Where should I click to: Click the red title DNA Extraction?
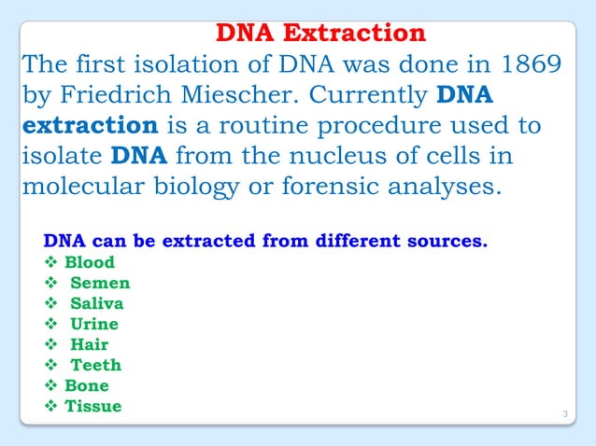pyautogui.click(x=320, y=35)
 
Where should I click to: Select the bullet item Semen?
pyautogui.click(x=100, y=283)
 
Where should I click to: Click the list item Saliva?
pyautogui.click(x=96, y=303)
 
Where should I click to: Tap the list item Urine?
pyautogui.click(x=94, y=324)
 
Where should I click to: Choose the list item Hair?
pyautogui.click(x=90, y=344)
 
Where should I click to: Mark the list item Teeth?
pyautogui.click(x=96, y=365)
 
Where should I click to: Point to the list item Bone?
pyautogui.click(x=87, y=385)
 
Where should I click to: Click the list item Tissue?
pyautogui.click(x=92, y=406)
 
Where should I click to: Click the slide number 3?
pyautogui.click(x=565, y=413)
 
